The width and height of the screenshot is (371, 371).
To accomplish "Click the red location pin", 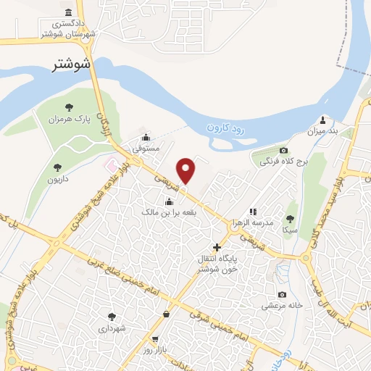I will coord(187,170).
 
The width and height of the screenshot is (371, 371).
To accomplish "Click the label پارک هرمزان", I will coord(69,118).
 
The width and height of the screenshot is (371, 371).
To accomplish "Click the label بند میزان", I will coord(322,131).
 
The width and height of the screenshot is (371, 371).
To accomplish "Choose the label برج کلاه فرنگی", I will coord(285,161).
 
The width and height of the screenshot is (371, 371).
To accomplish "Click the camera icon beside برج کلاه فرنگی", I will coord(262,154).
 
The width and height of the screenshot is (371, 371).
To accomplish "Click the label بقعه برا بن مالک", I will coord(169,212).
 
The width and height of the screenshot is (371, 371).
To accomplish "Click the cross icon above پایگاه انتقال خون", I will coord(217,247).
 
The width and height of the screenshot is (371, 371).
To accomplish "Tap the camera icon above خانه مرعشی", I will coord(282,294).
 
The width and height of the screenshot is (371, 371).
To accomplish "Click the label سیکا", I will coord(291,229).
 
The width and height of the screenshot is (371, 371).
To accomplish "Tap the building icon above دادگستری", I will coord(68,13).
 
